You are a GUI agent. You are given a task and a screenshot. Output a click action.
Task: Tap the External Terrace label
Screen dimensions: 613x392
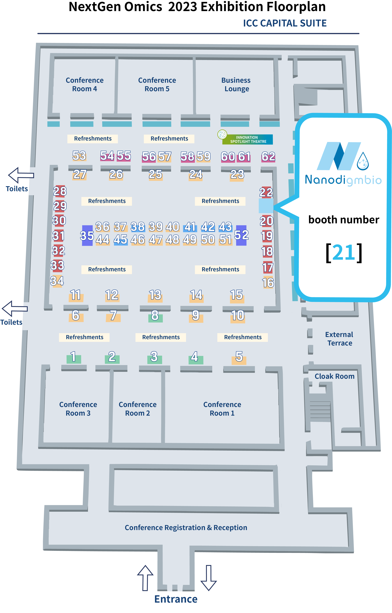(x=339, y=339)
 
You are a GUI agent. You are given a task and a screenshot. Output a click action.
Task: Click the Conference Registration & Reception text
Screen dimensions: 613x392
(x=186, y=527)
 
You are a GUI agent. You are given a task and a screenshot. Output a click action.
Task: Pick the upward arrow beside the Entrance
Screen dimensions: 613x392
(x=145, y=578)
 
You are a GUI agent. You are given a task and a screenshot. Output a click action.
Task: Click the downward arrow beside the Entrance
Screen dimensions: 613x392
(x=209, y=578)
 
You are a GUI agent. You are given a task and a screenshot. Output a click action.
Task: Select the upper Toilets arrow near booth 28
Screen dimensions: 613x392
(x=21, y=175)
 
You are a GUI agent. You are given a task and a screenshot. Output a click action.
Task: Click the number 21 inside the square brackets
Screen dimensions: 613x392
(x=344, y=253)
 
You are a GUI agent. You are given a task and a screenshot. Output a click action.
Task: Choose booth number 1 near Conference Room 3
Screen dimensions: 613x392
(x=73, y=357)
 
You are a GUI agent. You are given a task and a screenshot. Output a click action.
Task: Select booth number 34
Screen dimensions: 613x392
(x=57, y=281)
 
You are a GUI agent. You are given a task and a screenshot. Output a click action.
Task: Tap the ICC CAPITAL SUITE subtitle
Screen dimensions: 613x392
(x=285, y=23)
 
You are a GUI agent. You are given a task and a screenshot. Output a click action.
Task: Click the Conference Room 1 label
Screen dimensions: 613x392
(x=222, y=409)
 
